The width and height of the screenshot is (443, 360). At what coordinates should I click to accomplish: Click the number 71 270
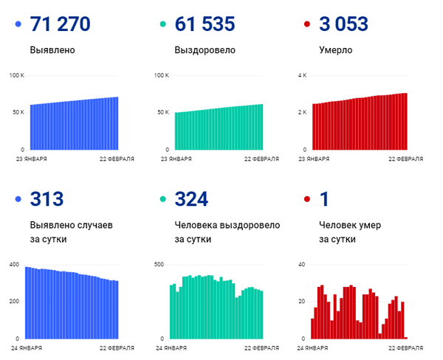tap(61, 24)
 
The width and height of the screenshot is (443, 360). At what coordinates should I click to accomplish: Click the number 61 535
tap(205, 24)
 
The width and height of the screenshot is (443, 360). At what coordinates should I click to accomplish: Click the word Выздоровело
tap(205, 51)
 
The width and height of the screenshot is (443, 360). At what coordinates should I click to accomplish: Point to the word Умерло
tap(335, 51)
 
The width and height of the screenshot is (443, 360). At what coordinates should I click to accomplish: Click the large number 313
tap(47, 198)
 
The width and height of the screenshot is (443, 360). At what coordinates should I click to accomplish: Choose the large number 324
tap(191, 198)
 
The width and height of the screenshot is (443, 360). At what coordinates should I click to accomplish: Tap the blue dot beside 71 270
tap(18, 25)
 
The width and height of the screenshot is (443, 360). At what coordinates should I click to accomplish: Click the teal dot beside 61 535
tap(163, 25)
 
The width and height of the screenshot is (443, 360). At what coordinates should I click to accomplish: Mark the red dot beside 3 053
tap(307, 25)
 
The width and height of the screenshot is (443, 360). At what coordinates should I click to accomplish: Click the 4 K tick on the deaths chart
tap(301, 76)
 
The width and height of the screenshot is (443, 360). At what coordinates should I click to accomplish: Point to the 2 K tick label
tap(301, 112)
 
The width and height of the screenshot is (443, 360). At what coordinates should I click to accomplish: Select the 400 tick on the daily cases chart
tap(14, 264)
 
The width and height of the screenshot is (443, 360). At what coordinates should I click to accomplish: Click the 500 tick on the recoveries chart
tap(158, 264)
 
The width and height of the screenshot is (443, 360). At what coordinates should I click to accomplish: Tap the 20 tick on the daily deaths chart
tap(301, 301)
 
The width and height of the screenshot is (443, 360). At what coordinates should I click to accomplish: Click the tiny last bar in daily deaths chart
tap(405, 337)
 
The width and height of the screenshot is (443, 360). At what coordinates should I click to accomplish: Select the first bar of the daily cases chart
tap(27, 302)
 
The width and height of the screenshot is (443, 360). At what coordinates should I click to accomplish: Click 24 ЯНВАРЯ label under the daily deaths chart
tap(314, 347)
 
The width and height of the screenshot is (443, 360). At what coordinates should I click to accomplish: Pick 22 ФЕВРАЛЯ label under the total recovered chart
tap(262, 159)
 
